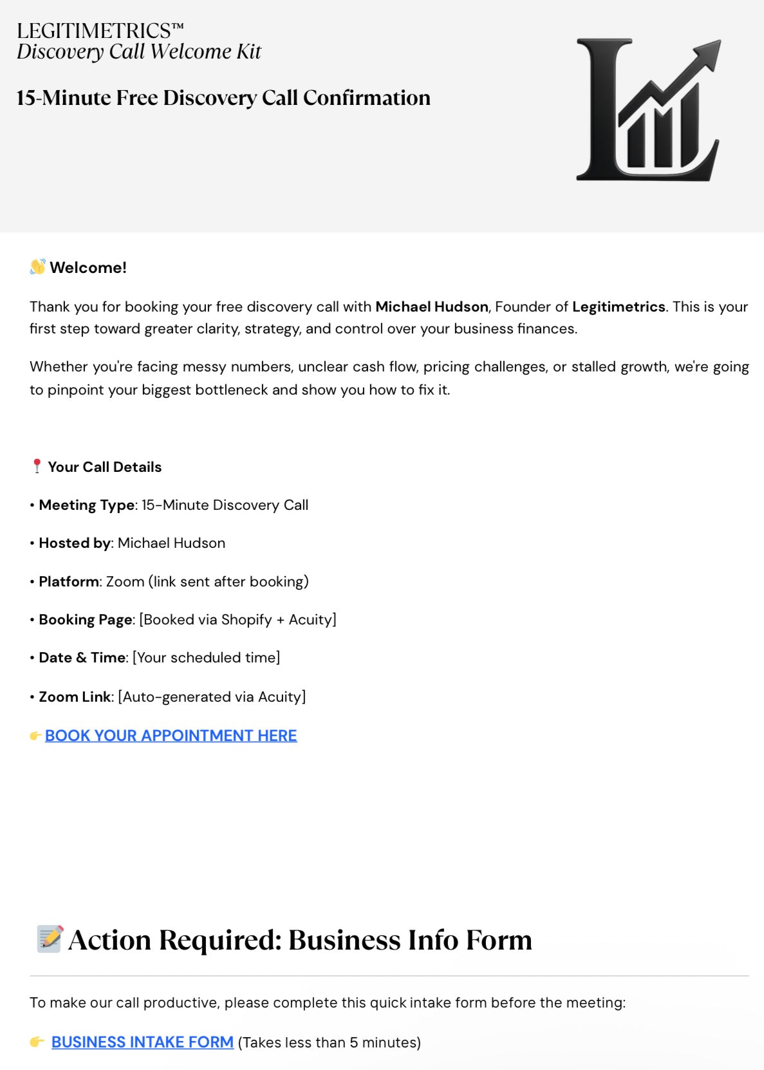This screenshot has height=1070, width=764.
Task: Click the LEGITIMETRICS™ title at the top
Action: (100, 31)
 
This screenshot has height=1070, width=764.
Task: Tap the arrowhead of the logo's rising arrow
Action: (709, 52)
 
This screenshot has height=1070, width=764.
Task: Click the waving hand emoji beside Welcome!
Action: (37, 267)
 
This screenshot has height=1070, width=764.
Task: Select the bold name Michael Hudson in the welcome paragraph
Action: (431, 306)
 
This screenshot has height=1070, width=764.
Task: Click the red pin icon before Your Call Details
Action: (37, 466)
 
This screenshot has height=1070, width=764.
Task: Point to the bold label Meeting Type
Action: (86, 505)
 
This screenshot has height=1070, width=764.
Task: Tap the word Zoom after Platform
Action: (125, 581)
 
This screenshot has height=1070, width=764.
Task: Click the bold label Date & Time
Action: (82, 657)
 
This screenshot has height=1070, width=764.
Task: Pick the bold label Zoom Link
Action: (75, 697)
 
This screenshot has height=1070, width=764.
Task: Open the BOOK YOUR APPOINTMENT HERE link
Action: (171, 735)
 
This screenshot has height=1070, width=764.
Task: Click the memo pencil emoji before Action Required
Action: (50, 939)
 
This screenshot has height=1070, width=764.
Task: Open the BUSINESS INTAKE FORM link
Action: (142, 1042)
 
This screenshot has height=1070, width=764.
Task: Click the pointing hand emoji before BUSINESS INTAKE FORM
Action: (37, 1042)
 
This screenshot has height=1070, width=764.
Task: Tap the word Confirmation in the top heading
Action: (366, 98)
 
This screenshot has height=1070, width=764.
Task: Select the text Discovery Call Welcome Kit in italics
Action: (139, 52)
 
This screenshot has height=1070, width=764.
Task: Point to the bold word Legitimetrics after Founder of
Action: (618, 306)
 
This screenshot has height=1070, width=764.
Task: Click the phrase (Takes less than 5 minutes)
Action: (329, 1042)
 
